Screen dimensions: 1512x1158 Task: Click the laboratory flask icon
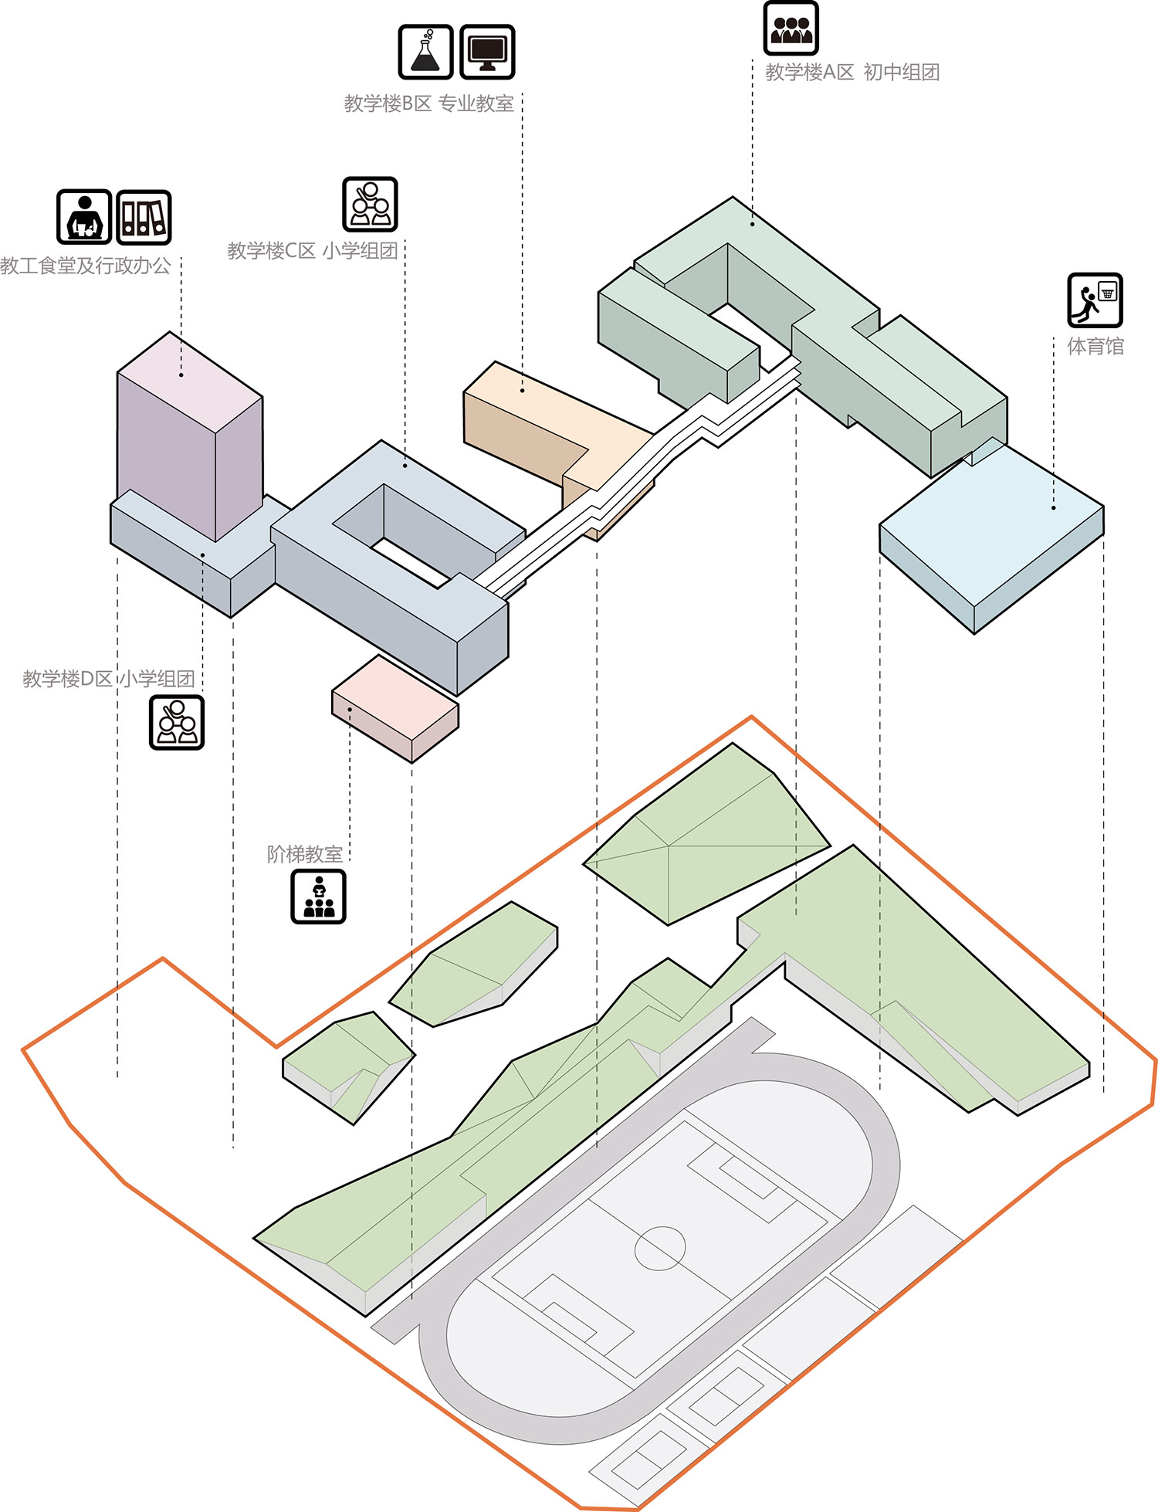(x=425, y=52)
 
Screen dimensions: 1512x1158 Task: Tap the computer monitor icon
(x=487, y=52)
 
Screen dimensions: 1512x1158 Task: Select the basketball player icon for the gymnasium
(x=1095, y=300)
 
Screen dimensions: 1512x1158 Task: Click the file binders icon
(x=144, y=217)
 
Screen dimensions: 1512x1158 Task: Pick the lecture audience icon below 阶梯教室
(x=318, y=897)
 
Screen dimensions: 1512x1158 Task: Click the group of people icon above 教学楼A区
(x=791, y=29)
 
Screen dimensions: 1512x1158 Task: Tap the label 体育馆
(x=1095, y=346)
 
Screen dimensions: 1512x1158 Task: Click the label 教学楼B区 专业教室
(x=428, y=103)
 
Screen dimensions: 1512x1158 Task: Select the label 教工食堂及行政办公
(x=85, y=266)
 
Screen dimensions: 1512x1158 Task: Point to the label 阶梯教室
(x=304, y=854)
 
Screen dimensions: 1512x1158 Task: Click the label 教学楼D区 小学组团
(x=108, y=679)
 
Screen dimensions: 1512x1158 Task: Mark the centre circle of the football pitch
(x=660, y=1248)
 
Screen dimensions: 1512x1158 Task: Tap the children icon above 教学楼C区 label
(x=370, y=204)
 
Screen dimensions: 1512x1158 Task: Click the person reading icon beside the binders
(x=84, y=217)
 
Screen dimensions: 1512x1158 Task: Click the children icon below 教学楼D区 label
(x=177, y=722)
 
